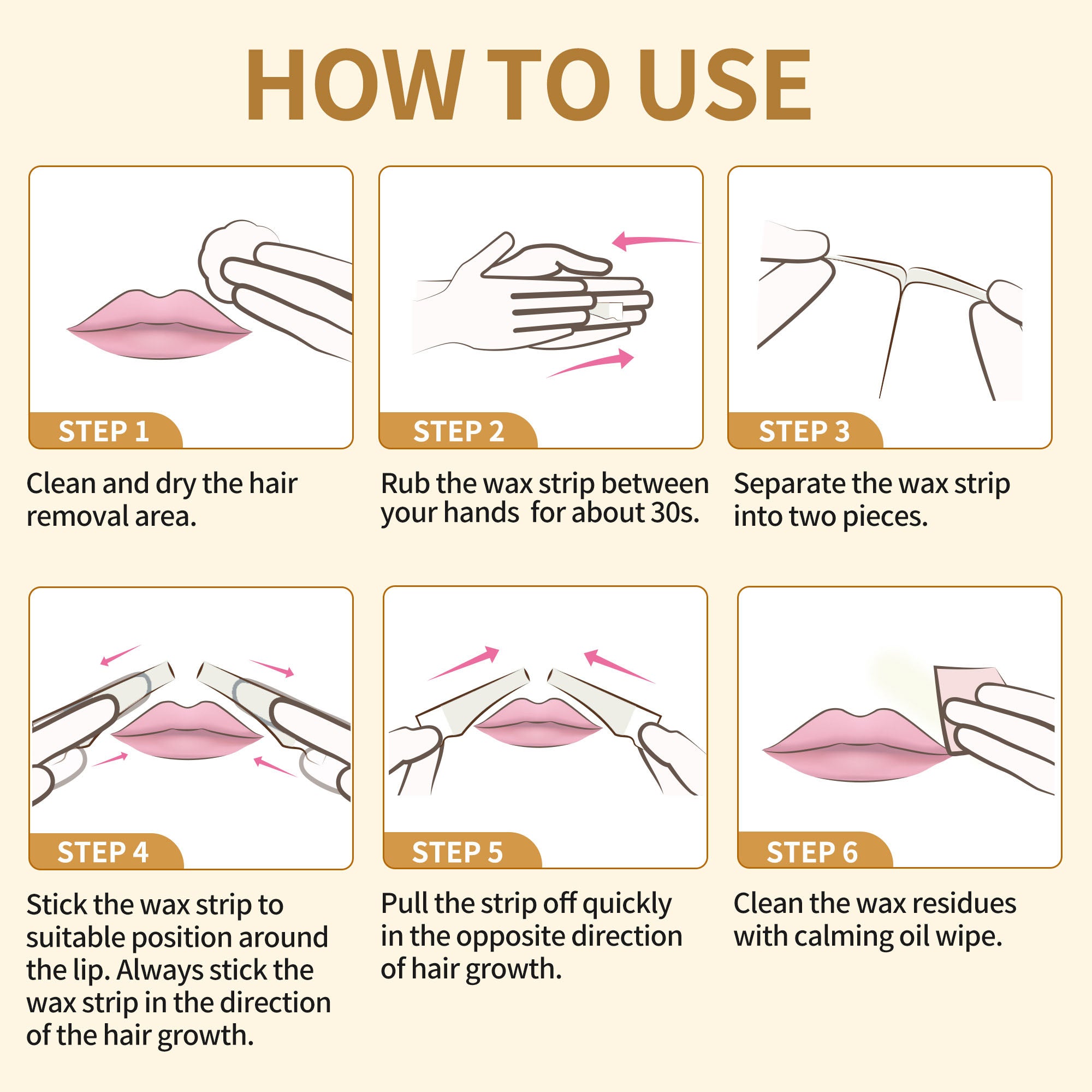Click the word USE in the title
(x=726, y=84)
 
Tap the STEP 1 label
(x=104, y=431)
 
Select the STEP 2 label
(x=459, y=431)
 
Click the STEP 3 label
(x=804, y=431)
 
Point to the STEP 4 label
(x=103, y=852)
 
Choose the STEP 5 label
(x=457, y=852)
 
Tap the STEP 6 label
(x=812, y=852)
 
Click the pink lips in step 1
(x=159, y=325)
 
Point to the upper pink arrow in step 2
(x=656, y=241)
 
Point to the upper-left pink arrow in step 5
(x=464, y=663)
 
